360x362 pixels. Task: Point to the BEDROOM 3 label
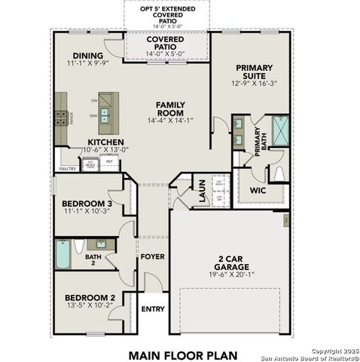click(x=88, y=204)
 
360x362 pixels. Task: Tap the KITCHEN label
click(x=107, y=141)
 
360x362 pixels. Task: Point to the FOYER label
click(x=152, y=257)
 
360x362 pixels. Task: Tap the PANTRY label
click(x=68, y=169)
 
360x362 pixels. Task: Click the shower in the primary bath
click(x=279, y=131)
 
